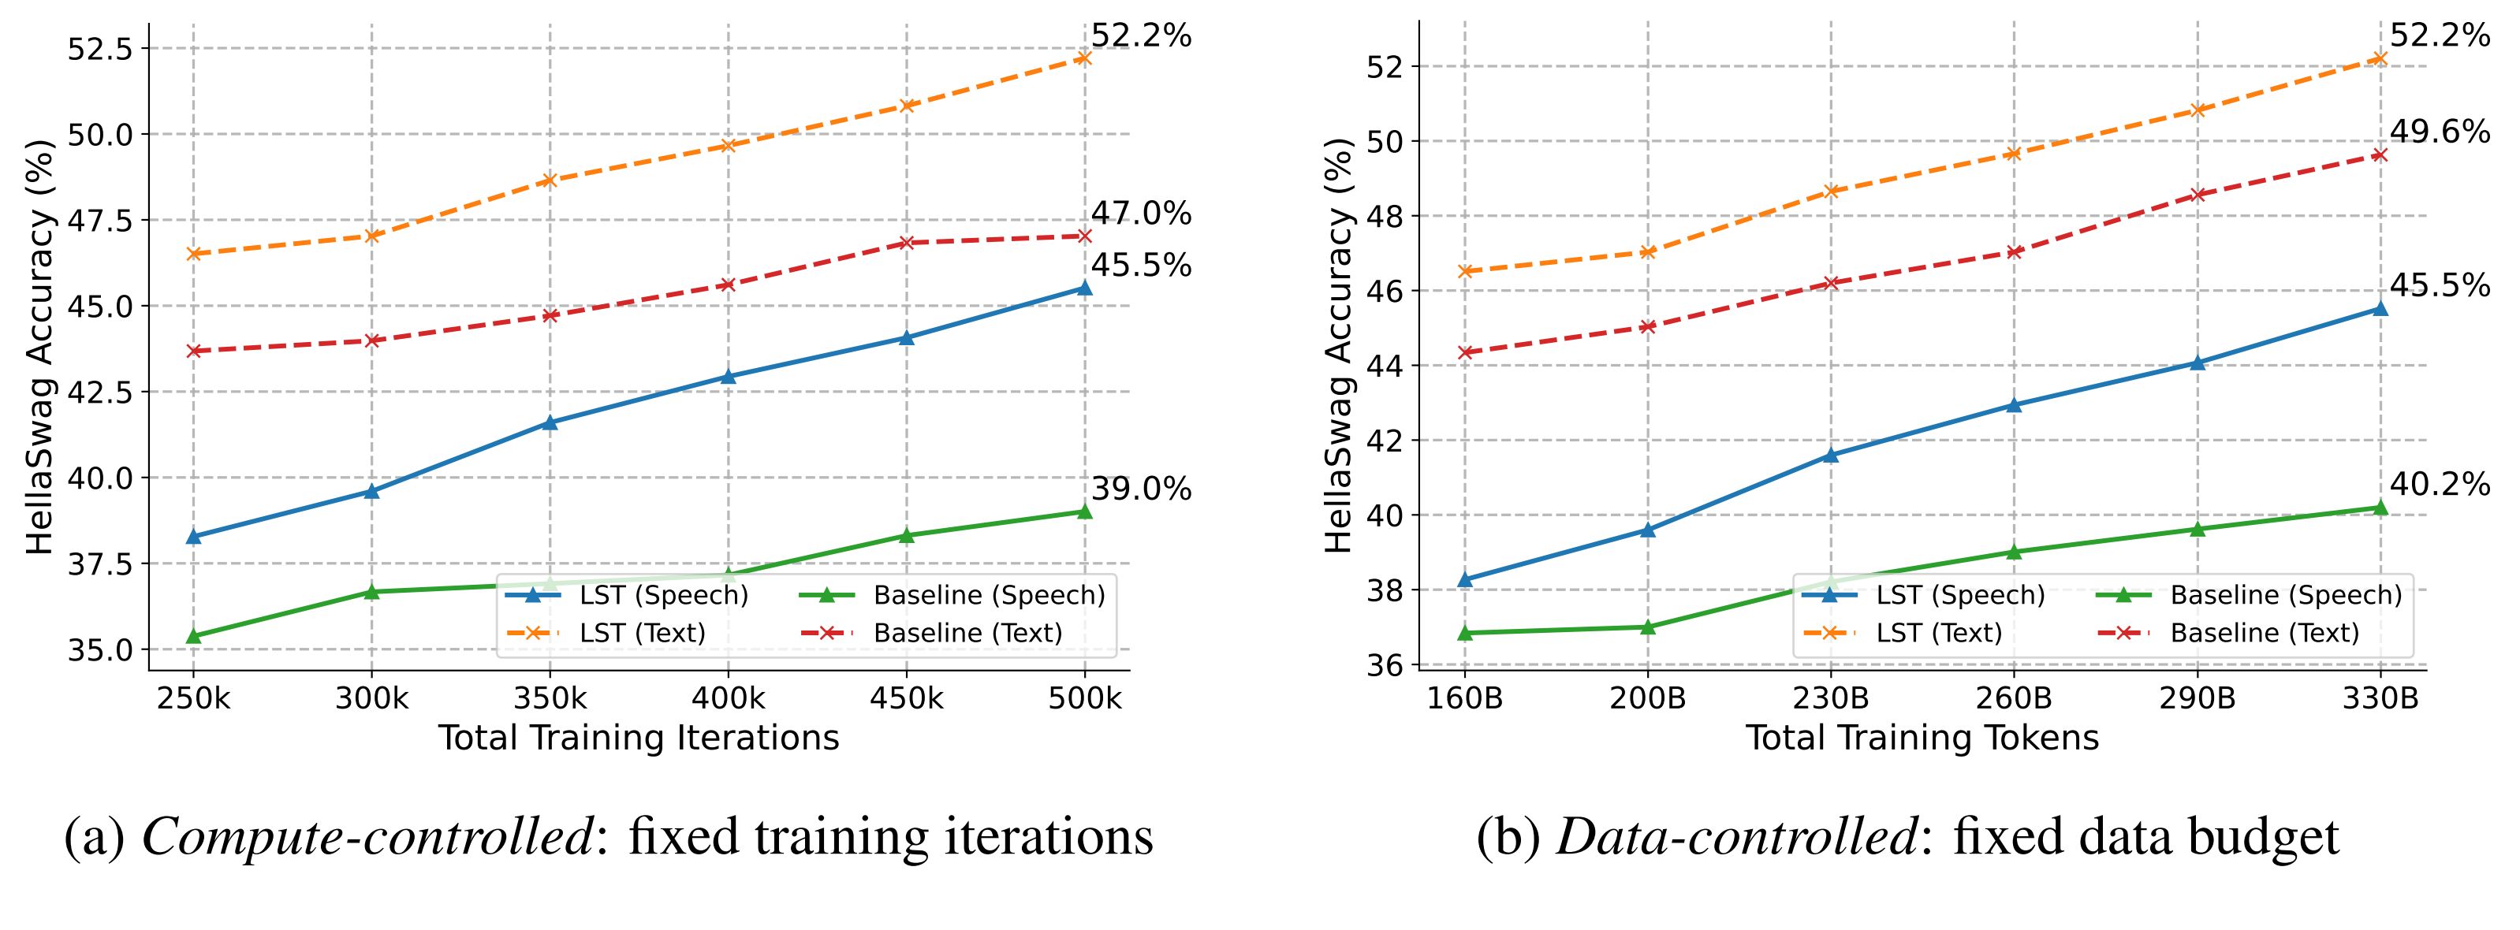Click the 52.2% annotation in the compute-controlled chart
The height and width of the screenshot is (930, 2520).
(1141, 36)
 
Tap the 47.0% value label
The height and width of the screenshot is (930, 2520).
(1141, 213)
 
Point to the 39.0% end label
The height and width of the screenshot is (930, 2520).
(1141, 489)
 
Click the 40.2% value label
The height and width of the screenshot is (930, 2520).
(2439, 484)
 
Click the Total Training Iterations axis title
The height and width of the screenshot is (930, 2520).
(638, 738)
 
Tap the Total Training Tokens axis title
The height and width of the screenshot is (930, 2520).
(1922, 738)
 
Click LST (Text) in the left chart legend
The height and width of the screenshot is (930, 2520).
(642, 633)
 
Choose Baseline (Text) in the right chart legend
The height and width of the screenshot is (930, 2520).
(2265, 633)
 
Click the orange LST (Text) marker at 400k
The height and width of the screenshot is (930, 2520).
(728, 146)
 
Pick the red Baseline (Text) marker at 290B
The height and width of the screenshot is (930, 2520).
(2198, 195)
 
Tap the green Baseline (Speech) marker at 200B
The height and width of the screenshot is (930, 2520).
(1647, 627)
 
